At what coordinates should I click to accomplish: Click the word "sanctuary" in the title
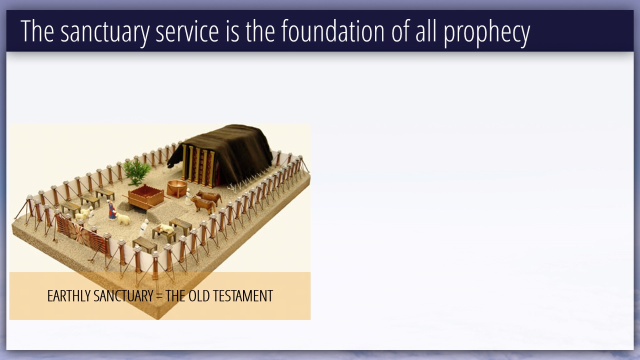tap(105, 31)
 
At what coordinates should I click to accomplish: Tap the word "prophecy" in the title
tap(487, 32)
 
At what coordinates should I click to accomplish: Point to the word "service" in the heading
tap(187, 32)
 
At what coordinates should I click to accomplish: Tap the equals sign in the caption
tap(159, 296)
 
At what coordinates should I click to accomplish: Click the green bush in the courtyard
tap(137, 172)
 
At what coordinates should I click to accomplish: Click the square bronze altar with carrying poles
tap(146, 196)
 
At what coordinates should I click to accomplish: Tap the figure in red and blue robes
tap(111, 210)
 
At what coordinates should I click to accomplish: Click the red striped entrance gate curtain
tap(81, 232)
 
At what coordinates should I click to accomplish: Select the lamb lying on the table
tap(165, 228)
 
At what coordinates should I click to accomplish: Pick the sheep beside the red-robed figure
tap(123, 219)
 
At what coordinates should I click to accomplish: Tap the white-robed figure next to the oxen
tap(188, 196)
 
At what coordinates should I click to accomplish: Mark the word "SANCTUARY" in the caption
tap(123, 295)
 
